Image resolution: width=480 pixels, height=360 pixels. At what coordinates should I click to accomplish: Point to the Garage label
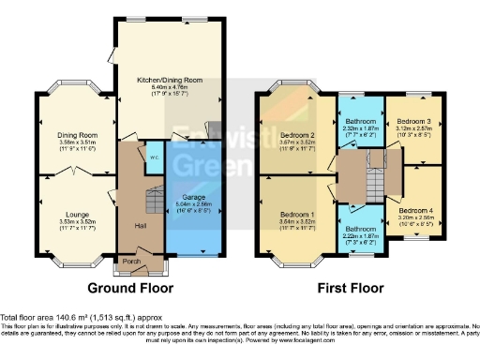click(194, 198)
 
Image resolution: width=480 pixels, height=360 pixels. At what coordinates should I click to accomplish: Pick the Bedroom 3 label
click(413, 123)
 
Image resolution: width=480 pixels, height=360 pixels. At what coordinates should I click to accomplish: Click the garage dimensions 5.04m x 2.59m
click(194, 205)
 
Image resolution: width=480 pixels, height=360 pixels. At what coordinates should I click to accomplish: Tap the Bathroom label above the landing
click(361, 123)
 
